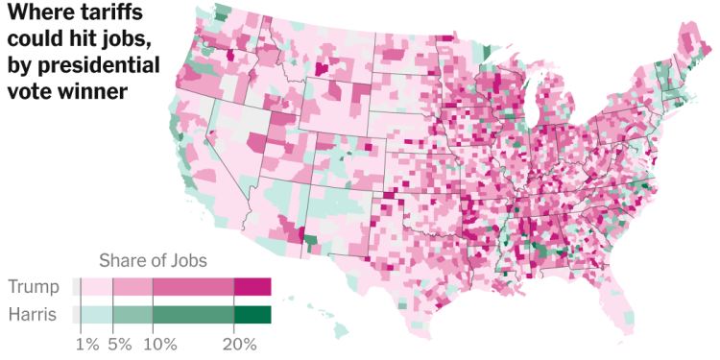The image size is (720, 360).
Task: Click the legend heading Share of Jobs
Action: pos(153,261)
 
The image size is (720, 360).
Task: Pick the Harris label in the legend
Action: pos(32,314)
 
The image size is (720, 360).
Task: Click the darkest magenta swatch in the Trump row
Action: pos(253,287)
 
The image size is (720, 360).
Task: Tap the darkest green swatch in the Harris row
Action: pos(253,314)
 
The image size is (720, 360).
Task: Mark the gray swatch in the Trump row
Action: pos(76,287)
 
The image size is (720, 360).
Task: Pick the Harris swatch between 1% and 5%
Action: pos(97,314)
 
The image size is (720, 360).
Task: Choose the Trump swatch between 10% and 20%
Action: pos(193,287)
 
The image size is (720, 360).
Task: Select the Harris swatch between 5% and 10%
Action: pos(132,314)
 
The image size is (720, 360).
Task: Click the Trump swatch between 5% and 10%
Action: pos(132,287)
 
